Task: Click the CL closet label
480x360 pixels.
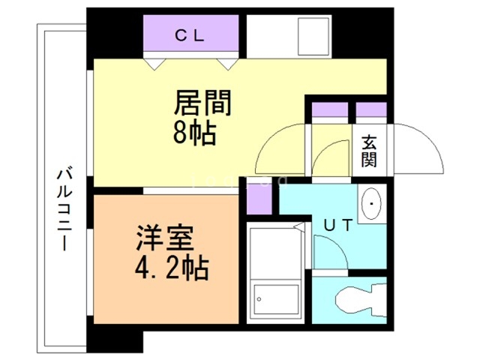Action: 192,34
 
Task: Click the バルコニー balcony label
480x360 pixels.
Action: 63,210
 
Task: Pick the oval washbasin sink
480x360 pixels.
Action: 372,205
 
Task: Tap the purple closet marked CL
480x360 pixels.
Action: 192,34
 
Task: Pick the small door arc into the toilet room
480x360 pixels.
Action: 330,254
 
